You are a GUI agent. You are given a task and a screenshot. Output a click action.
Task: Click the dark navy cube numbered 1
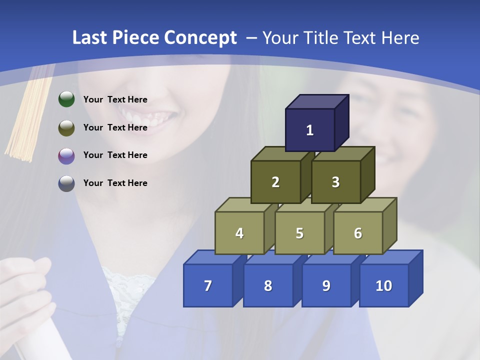click(310, 130)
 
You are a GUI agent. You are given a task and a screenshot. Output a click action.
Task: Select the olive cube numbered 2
click(275, 182)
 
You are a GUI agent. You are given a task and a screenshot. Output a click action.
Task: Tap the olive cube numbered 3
click(335, 182)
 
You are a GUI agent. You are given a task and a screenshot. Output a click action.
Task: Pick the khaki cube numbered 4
click(239, 233)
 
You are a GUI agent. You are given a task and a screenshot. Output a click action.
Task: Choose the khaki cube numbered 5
click(299, 233)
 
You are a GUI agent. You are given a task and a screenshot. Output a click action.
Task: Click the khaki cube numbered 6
click(358, 233)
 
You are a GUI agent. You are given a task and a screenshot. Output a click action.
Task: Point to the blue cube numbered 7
click(208, 285)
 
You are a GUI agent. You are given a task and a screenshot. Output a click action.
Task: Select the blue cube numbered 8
click(268, 285)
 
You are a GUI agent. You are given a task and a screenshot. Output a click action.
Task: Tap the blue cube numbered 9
click(326, 285)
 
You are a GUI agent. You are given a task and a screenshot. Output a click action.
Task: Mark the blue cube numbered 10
click(383, 285)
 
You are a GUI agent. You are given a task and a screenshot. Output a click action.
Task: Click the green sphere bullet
click(66, 99)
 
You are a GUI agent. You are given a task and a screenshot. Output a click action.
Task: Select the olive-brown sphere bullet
click(66, 127)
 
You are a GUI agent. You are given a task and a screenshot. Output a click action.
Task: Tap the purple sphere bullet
click(66, 155)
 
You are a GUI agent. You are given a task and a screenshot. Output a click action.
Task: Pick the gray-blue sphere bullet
click(66, 183)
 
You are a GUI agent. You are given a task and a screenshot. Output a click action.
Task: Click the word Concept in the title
click(200, 38)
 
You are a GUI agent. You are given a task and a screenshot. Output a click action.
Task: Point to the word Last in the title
click(90, 38)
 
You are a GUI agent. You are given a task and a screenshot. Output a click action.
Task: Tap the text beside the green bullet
click(115, 99)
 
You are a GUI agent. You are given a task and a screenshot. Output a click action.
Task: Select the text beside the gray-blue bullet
click(115, 183)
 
